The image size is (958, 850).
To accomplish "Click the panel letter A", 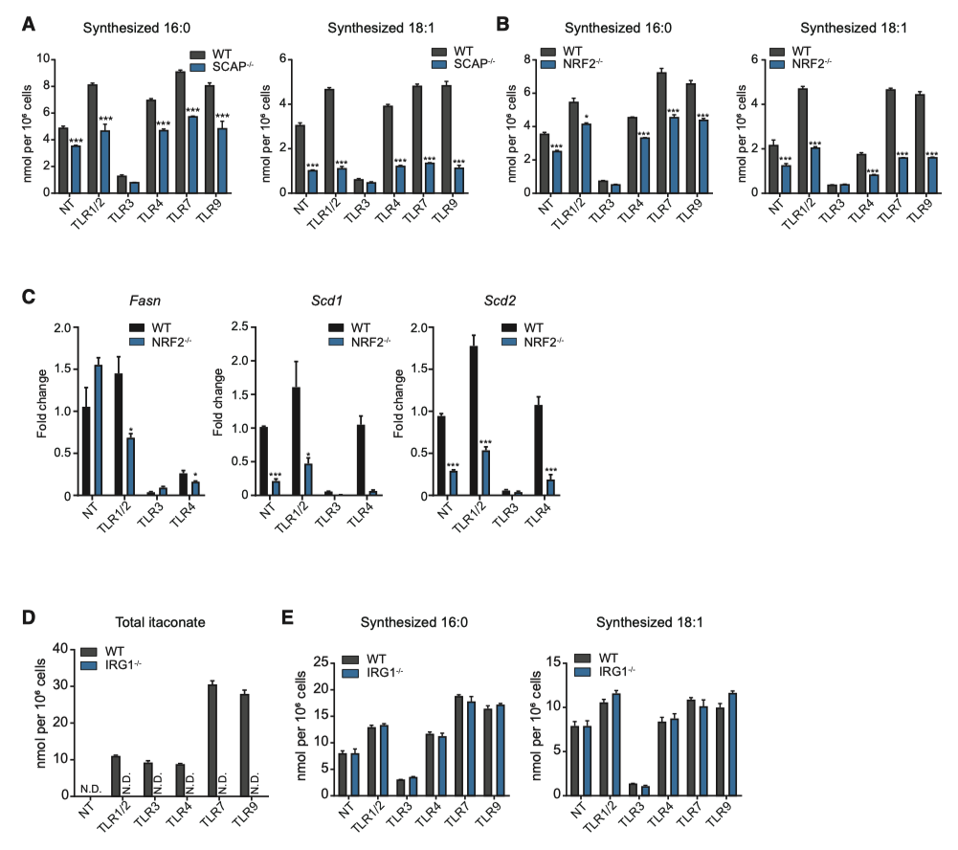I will coord(29,20).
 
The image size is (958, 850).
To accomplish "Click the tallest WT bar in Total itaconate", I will coord(212,740).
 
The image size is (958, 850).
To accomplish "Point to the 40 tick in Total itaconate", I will coord(62,649).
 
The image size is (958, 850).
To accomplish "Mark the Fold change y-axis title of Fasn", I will coord(44,412).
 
